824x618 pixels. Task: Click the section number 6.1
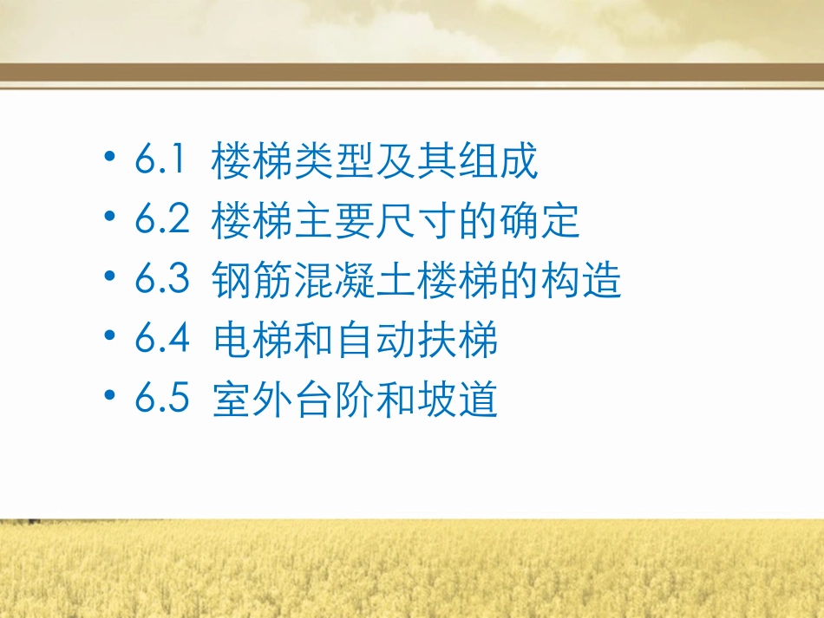[x=161, y=162]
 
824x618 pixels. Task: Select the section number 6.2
[x=162, y=221]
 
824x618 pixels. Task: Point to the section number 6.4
[x=162, y=341]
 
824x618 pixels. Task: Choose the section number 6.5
[x=162, y=400]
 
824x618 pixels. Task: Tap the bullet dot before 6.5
[x=108, y=397]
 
